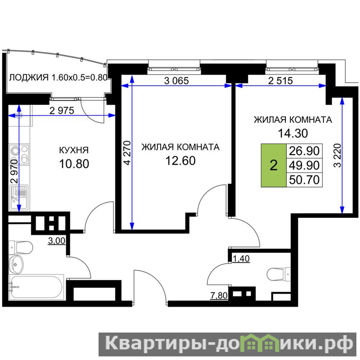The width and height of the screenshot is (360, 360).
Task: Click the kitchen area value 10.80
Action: (x=74, y=164)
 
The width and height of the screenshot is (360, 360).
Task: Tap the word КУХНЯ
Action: (x=74, y=150)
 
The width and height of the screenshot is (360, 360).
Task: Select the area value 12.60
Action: (x=180, y=161)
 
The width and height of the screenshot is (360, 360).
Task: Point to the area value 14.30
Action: (x=293, y=133)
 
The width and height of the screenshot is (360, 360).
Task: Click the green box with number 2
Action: (x=274, y=165)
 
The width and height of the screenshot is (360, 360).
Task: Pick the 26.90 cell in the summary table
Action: (x=304, y=151)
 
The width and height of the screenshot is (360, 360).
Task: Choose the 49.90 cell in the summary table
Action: (x=304, y=165)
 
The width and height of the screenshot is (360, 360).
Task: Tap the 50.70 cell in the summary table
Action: (x=304, y=180)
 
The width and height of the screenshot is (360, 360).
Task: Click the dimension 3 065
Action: (x=176, y=81)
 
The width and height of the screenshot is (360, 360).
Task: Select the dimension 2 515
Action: (x=280, y=81)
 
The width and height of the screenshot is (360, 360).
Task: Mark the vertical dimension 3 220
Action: (x=337, y=155)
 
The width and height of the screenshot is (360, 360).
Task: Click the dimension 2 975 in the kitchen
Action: (x=62, y=111)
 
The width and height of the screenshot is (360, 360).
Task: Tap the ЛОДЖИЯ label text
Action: (x=29, y=77)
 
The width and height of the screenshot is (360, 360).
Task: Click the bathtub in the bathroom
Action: (x=36, y=287)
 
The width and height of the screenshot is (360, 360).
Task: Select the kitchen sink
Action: (x=19, y=197)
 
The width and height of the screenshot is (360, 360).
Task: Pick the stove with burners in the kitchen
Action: (x=19, y=154)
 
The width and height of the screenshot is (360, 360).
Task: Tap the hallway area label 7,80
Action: (x=219, y=296)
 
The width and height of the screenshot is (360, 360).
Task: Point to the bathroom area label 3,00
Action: (x=57, y=241)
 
